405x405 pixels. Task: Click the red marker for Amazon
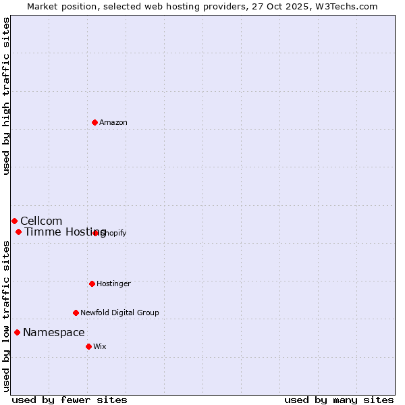(94, 122)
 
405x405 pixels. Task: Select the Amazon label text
(113, 122)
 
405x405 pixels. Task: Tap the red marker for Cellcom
(14, 221)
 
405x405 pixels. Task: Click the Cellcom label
(41, 221)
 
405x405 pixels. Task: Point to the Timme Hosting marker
(18, 232)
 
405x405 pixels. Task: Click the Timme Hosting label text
(65, 232)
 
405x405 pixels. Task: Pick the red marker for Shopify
(96, 233)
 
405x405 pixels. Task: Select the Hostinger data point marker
(92, 283)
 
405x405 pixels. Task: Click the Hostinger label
(113, 284)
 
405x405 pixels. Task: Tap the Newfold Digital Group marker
(76, 313)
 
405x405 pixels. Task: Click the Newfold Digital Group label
(119, 313)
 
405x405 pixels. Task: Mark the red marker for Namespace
(17, 332)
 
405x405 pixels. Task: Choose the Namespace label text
(54, 332)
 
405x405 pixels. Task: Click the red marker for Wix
(88, 346)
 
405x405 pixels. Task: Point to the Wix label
(100, 346)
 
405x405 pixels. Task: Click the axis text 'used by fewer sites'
(70, 400)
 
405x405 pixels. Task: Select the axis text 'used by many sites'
(339, 400)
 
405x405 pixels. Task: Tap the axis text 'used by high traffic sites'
(6, 97)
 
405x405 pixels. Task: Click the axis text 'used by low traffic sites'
(6, 316)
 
